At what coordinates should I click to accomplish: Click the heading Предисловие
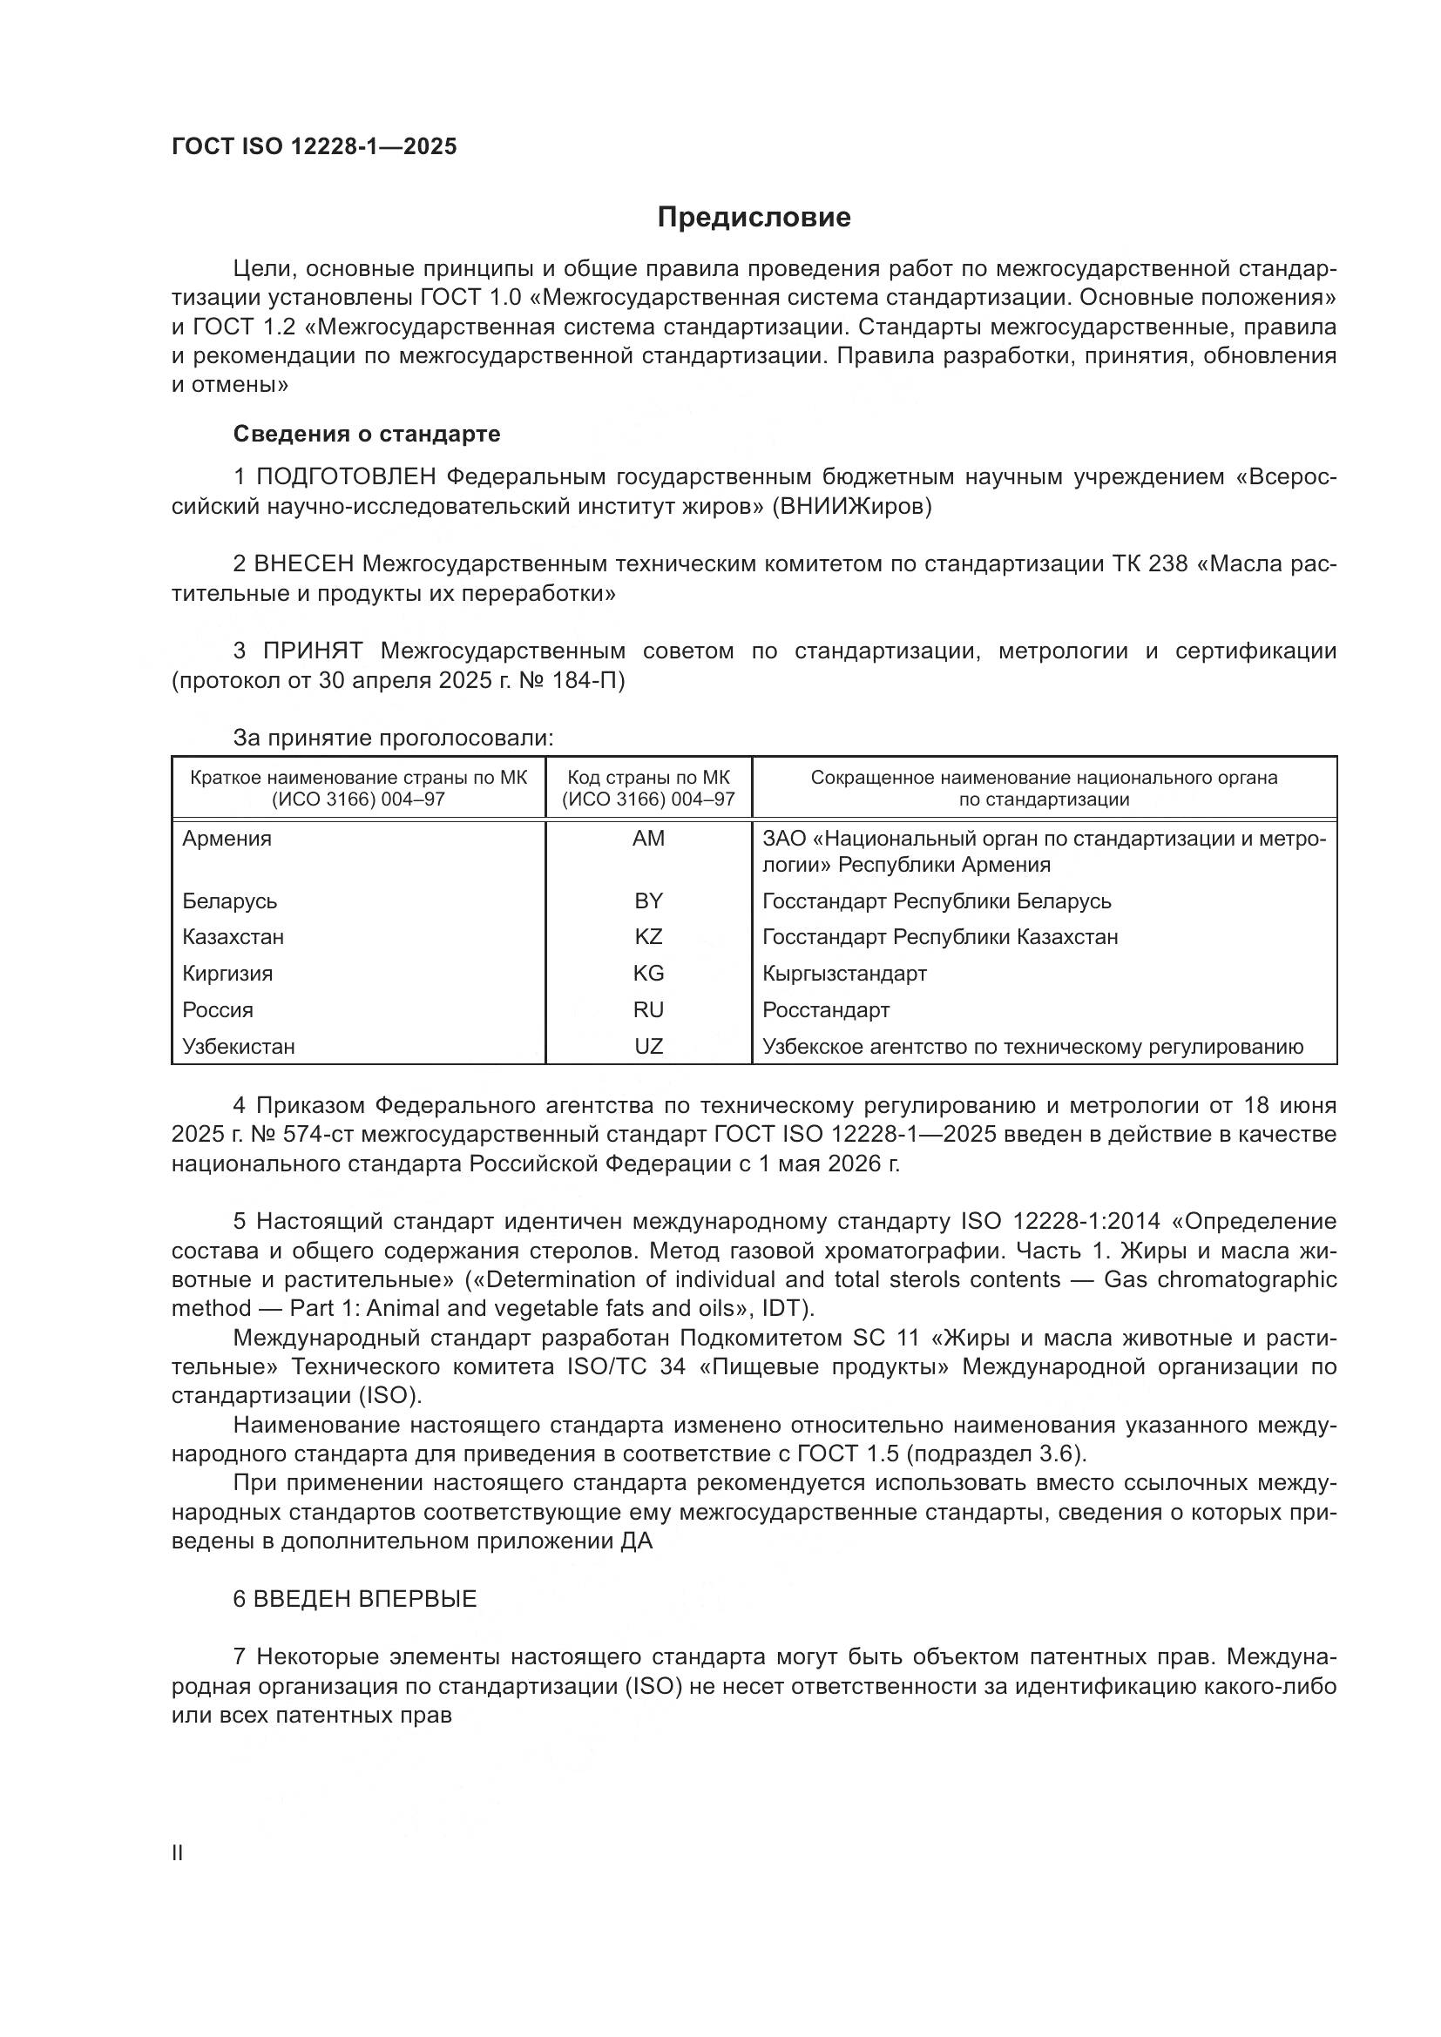(x=754, y=218)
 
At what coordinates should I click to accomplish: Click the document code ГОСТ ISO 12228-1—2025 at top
(x=315, y=146)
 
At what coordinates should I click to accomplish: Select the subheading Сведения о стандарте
(x=367, y=434)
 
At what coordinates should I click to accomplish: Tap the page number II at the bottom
(x=178, y=1853)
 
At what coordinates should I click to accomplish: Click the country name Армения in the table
(x=227, y=839)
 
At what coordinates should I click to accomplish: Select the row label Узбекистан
(x=238, y=1046)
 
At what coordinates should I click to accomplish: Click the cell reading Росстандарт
(x=825, y=1009)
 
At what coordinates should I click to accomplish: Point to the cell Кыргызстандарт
(x=844, y=974)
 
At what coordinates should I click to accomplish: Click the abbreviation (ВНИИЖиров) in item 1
(x=852, y=508)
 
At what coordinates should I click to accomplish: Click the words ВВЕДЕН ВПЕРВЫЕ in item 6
(x=365, y=1599)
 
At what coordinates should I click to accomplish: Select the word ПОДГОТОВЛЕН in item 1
(x=346, y=477)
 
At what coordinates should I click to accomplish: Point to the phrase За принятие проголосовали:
(x=393, y=738)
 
